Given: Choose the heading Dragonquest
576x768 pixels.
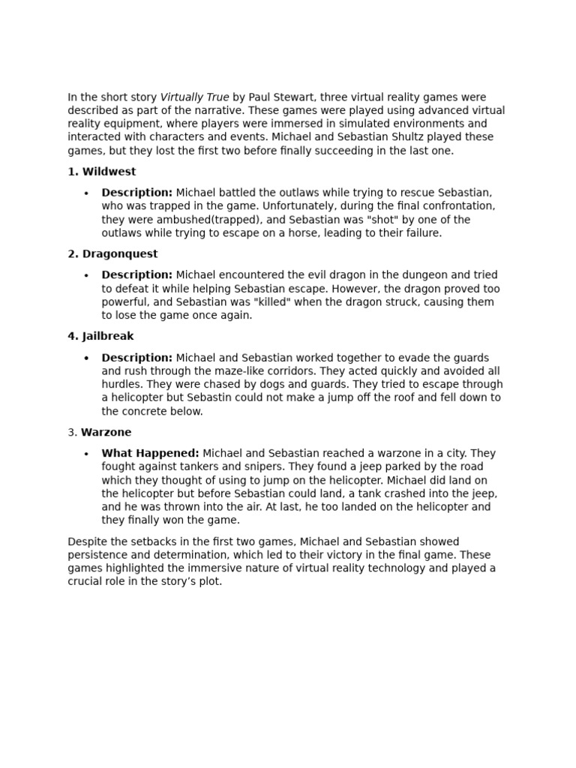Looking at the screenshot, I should (120, 254).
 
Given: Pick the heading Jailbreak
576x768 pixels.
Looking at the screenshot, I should (108, 337).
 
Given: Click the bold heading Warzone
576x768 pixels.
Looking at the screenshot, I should (106, 433).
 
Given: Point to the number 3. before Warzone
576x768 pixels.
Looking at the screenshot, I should (73, 433).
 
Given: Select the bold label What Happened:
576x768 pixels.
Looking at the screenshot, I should (150, 454).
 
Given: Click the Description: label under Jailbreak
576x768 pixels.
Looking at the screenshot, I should (137, 358).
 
